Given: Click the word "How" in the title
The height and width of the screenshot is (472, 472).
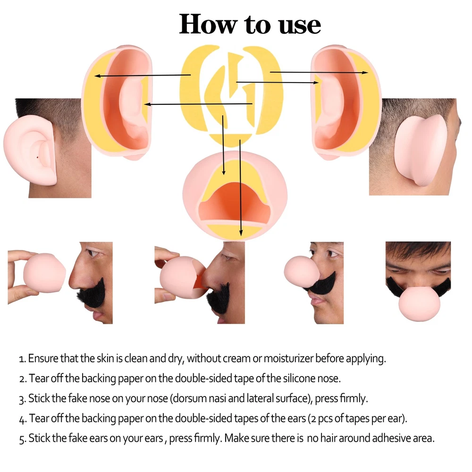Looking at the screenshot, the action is click(x=208, y=24).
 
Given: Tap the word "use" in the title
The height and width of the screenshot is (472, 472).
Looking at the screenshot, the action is click(x=300, y=26).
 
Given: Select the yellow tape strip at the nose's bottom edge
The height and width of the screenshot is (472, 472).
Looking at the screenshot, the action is click(x=235, y=231).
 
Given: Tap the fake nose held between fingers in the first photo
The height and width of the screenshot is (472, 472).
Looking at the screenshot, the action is click(x=44, y=273).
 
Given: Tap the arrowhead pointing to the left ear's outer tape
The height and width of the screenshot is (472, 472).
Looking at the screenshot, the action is click(x=97, y=76).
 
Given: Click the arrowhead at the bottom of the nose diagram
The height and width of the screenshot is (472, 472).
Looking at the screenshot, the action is click(x=241, y=233).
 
